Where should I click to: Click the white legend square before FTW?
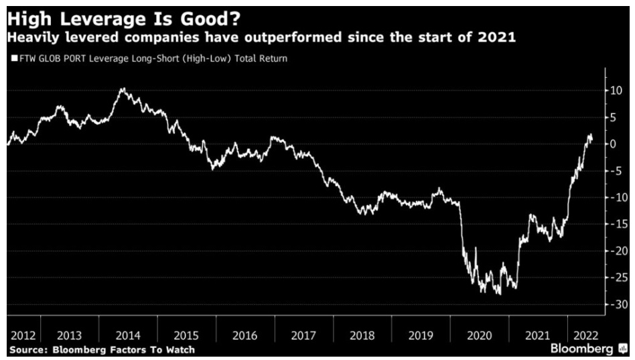[x=14, y=59]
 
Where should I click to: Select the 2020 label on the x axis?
[x=478, y=335]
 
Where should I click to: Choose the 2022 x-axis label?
[x=583, y=335]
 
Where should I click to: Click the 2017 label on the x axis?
[x=303, y=335]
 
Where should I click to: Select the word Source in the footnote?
[x=27, y=350]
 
